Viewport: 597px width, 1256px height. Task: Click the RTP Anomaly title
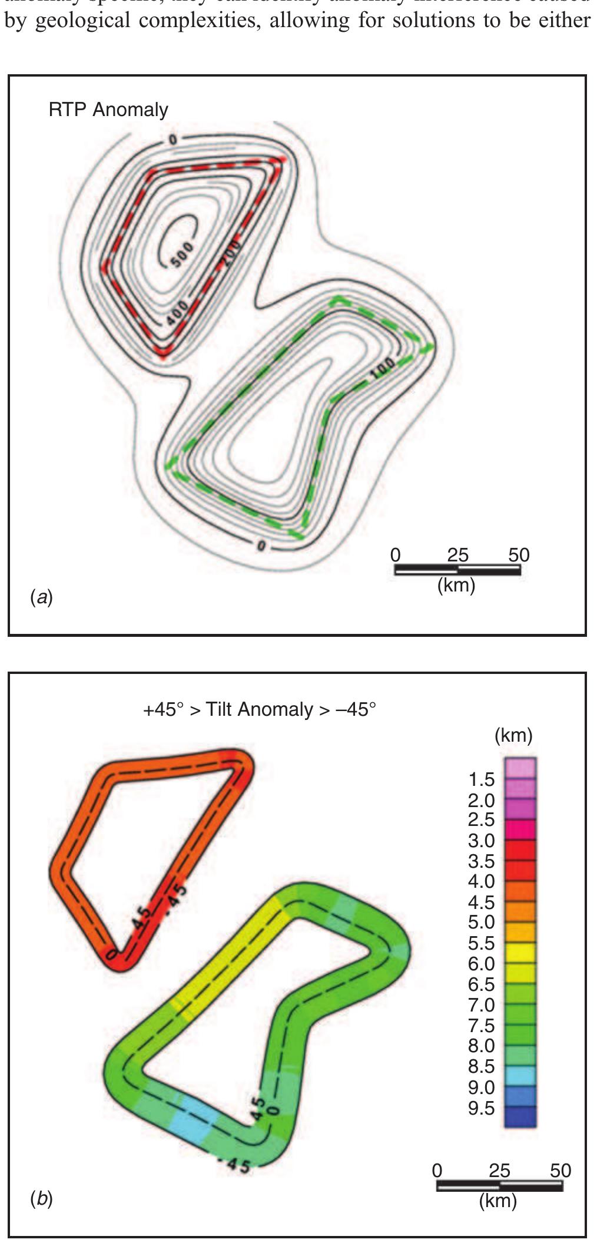108,110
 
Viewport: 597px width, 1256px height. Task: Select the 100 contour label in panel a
383,369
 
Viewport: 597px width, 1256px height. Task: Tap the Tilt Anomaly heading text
259,709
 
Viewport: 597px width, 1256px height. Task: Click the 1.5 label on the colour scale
481,779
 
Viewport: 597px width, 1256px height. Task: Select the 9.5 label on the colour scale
481,1108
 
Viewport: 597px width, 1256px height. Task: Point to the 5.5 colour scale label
481,943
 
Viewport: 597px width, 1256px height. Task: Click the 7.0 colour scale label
481,1005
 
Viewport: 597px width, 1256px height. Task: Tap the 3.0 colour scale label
481,841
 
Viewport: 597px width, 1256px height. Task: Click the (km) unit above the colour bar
513,735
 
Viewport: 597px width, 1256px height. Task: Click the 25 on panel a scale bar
457,555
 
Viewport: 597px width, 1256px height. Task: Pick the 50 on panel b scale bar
560,1171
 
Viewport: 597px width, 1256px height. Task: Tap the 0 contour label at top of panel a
173,140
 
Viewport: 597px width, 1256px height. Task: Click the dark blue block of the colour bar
520,1116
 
